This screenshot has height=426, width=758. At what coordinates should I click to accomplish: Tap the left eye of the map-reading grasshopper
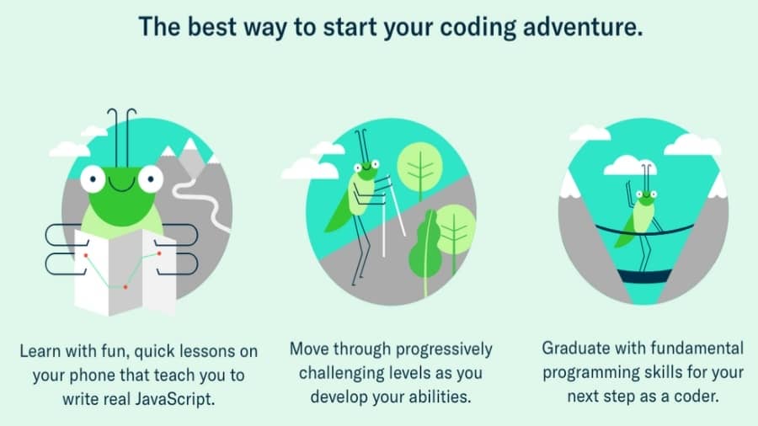(93, 178)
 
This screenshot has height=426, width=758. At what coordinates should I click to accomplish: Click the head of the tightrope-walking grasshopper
(646, 198)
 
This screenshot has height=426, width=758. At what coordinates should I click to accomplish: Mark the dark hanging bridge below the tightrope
(645, 276)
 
